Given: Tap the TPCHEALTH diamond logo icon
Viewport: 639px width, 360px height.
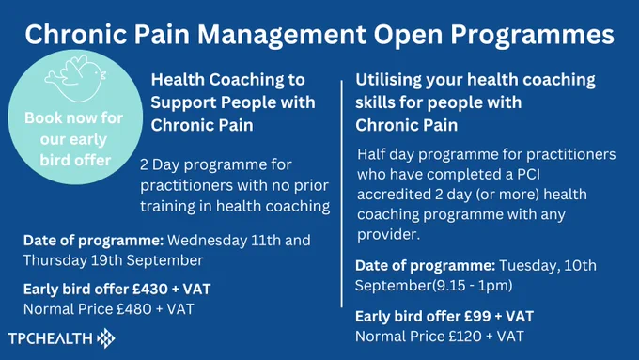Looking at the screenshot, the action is pyautogui.click(x=106, y=338).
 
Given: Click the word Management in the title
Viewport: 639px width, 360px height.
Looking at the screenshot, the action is pyautogui.click(x=282, y=34).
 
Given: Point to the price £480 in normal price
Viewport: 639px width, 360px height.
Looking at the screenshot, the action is pyautogui.click(x=134, y=309).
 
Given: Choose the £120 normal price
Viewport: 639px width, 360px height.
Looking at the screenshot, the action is pyautogui.click(x=465, y=337).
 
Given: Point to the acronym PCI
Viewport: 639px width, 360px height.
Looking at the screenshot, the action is pyautogui.click(x=528, y=175).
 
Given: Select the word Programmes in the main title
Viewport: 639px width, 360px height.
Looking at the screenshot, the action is pyautogui.click(x=532, y=34).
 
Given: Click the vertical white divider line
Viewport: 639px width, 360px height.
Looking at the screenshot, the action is pyautogui.click(x=341, y=194).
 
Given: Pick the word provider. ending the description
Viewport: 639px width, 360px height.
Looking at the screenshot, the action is pyautogui.click(x=388, y=235).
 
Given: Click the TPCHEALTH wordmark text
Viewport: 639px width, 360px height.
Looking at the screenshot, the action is pyautogui.click(x=50, y=338).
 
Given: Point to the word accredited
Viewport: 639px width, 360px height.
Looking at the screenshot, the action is pyautogui.click(x=394, y=195).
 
